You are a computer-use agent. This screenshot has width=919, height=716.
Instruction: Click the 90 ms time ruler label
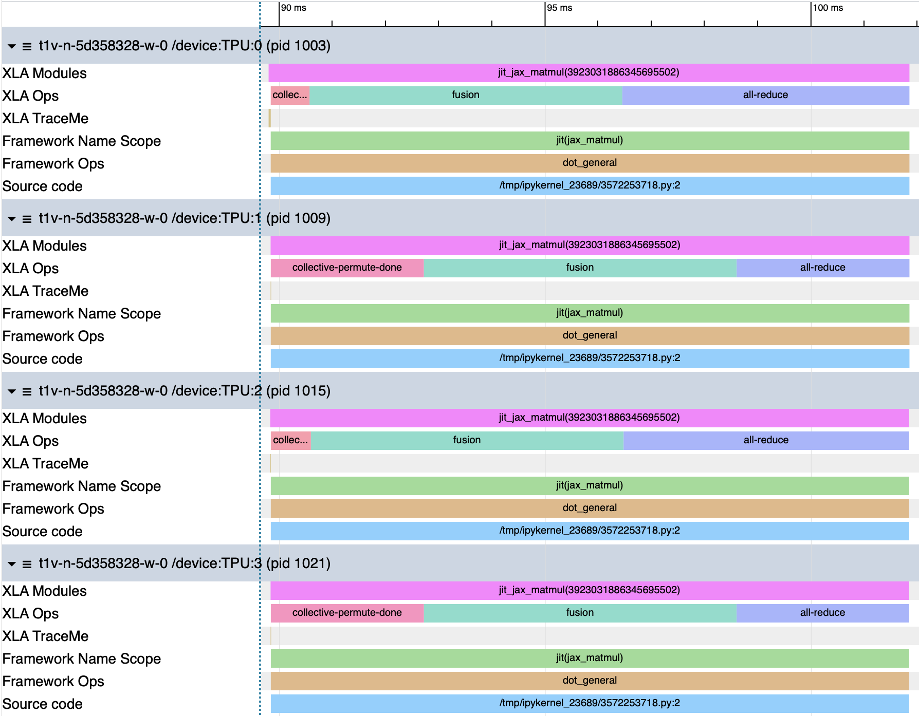(293, 8)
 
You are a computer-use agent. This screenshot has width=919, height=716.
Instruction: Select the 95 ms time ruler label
(559, 8)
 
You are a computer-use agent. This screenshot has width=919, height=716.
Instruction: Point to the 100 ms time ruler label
(828, 8)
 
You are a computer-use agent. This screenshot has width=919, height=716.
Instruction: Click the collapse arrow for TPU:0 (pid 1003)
(12, 46)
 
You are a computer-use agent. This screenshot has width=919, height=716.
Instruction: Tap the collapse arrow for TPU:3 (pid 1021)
(12, 564)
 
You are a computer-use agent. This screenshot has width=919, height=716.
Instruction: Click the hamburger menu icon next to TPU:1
(27, 219)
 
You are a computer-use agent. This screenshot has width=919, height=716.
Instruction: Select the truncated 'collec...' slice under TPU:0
(290, 95)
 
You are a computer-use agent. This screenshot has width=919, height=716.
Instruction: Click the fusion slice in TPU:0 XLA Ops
(466, 95)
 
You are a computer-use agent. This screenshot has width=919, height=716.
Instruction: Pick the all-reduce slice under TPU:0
(765, 95)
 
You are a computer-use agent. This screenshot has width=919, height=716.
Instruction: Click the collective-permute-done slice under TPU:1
(347, 268)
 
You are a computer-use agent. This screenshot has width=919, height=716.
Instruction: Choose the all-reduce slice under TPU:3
(822, 613)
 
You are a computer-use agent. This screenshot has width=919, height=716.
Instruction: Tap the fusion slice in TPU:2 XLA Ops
(467, 440)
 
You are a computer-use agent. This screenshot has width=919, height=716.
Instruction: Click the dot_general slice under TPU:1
(590, 335)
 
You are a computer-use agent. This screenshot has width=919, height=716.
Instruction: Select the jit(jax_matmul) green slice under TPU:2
(590, 485)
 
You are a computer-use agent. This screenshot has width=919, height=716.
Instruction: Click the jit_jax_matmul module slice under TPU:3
(590, 590)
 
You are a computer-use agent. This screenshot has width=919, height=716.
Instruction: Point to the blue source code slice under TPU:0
(590, 185)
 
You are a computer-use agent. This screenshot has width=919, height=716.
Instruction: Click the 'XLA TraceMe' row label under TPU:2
(45, 464)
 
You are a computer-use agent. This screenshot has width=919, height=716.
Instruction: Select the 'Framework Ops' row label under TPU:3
(53, 682)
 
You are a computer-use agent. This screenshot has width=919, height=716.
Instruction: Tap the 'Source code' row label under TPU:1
(43, 359)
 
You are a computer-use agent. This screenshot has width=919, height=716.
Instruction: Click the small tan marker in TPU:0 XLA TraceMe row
(269, 118)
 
